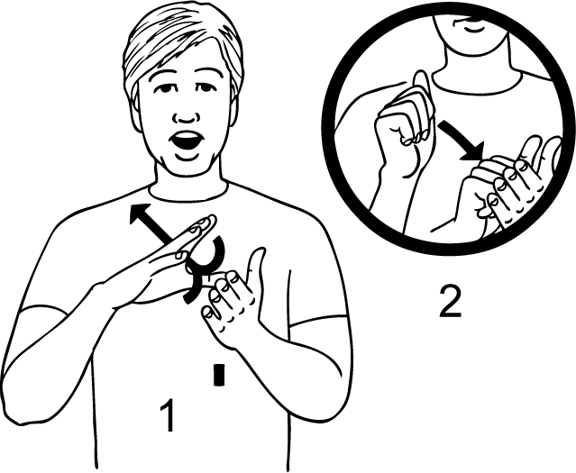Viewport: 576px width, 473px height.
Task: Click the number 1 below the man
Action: coord(169,415)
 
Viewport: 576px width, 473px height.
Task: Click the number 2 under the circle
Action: coord(451,302)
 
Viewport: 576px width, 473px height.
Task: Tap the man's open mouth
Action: coord(187,141)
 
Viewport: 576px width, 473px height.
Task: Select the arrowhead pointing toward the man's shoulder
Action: coord(139,214)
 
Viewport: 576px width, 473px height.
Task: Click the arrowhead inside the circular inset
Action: coord(474,152)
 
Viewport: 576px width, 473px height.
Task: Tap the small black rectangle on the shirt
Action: coord(219,375)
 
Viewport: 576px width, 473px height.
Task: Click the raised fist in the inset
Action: coord(405,122)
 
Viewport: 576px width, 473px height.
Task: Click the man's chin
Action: coord(188,167)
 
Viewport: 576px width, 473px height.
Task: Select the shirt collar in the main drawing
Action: coord(188,193)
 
